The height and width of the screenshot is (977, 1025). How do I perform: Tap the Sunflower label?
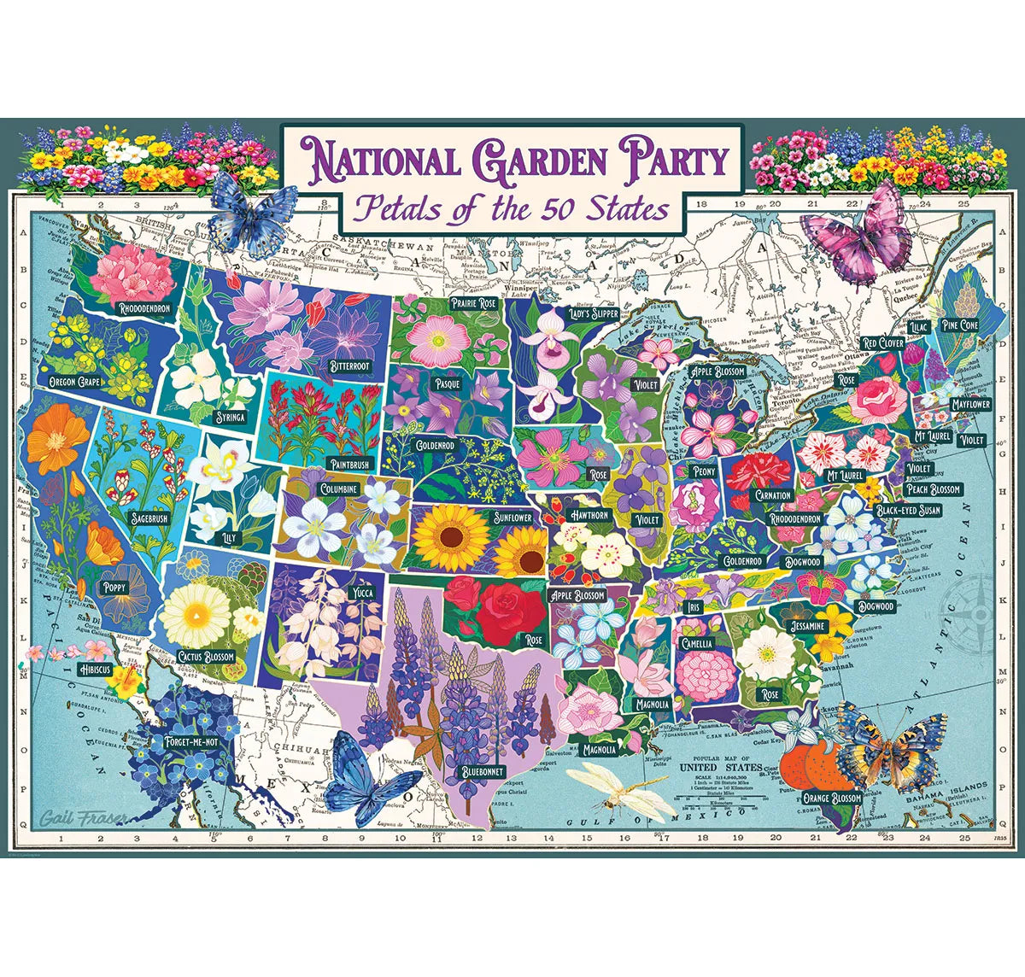click(512, 518)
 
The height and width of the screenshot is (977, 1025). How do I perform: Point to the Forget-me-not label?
click(187, 742)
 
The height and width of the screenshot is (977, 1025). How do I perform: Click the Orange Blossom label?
click(832, 798)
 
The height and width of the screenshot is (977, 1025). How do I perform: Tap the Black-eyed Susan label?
click(908, 510)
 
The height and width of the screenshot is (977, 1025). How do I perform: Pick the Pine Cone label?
click(959, 325)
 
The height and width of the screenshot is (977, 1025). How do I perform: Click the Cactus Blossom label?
click(206, 656)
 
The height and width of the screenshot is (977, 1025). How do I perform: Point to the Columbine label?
click(338, 488)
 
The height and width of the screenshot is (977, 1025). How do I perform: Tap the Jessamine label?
click(807, 626)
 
